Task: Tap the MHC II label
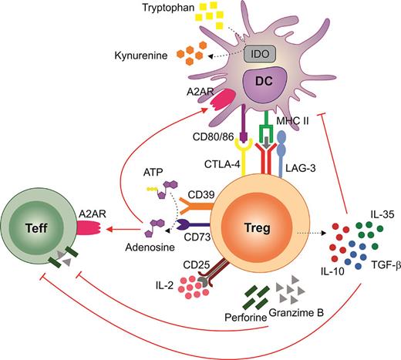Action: click(305, 133)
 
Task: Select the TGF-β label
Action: click(375, 263)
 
